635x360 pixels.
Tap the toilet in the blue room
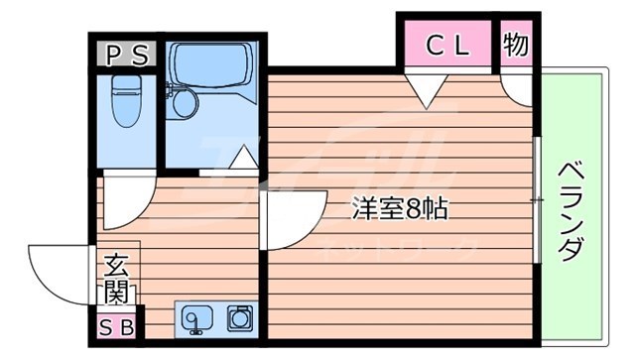tap(126, 109)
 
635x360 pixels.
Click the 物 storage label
tap(515, 44)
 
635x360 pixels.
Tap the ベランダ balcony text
tap(569, 209)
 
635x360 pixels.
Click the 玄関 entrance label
tap(116, 280)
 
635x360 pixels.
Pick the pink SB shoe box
tap(118, 325)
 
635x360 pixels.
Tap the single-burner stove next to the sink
tap(239, 317)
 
